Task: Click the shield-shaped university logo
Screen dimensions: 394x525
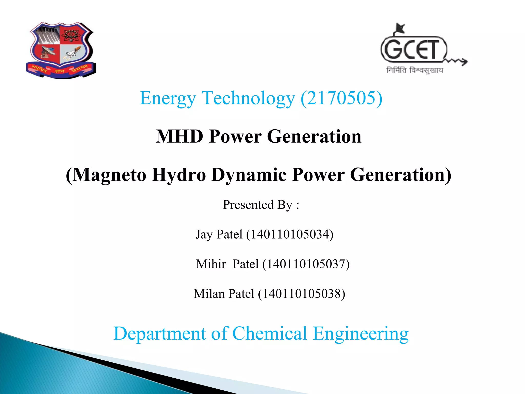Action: [61, 50]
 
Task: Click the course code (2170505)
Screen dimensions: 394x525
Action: [341, 98]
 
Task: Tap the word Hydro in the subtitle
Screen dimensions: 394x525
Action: [179, 175]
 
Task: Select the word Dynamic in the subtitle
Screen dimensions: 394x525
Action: [249, 175]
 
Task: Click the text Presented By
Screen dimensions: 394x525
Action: [257, 205]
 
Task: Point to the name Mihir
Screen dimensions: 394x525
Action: [211, 264]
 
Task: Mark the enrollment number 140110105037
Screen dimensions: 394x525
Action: [306, 264]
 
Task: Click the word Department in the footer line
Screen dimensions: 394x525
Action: [159, 334]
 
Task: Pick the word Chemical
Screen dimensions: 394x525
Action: [269, 333]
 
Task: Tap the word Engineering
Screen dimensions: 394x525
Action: [360, 334]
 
